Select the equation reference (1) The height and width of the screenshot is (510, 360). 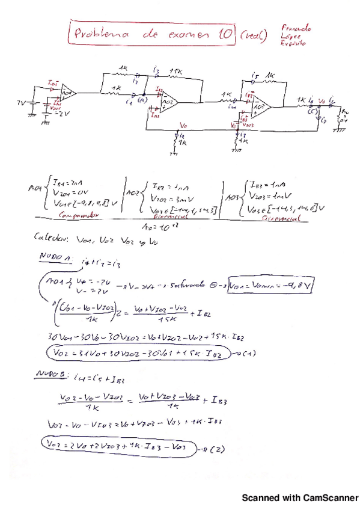point(246,352)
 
